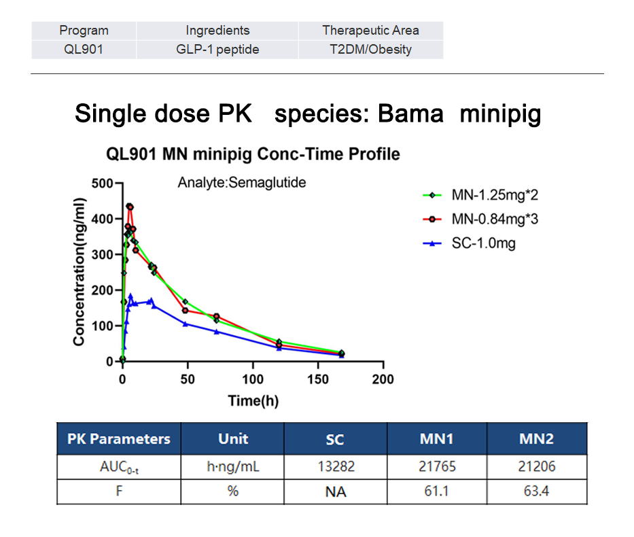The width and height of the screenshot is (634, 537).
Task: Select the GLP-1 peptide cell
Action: click(217, 49)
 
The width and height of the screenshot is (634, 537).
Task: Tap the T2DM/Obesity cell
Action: click(371, 49)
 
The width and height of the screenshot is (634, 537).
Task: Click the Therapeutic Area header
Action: click(371, 31)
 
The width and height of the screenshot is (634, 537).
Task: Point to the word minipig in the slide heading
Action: click(500, 114)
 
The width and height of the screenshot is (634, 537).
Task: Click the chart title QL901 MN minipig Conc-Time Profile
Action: click(253, 154)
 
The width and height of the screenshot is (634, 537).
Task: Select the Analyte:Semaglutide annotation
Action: click(242, 182)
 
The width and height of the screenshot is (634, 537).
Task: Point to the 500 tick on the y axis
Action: click(103, 184)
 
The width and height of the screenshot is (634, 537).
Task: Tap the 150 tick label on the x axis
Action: click(319, 379)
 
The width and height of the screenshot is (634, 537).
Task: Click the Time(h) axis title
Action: click(253, 401)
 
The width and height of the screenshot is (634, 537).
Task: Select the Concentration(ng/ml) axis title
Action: click(80, 271)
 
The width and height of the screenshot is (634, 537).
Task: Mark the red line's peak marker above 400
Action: click(129, 206)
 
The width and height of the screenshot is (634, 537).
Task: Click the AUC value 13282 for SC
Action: click(335, 467)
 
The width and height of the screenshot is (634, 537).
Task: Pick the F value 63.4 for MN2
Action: click(536, 491)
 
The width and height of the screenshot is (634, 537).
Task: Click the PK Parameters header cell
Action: click(119, 439)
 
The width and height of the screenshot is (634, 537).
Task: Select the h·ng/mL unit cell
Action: click(233, 467)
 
